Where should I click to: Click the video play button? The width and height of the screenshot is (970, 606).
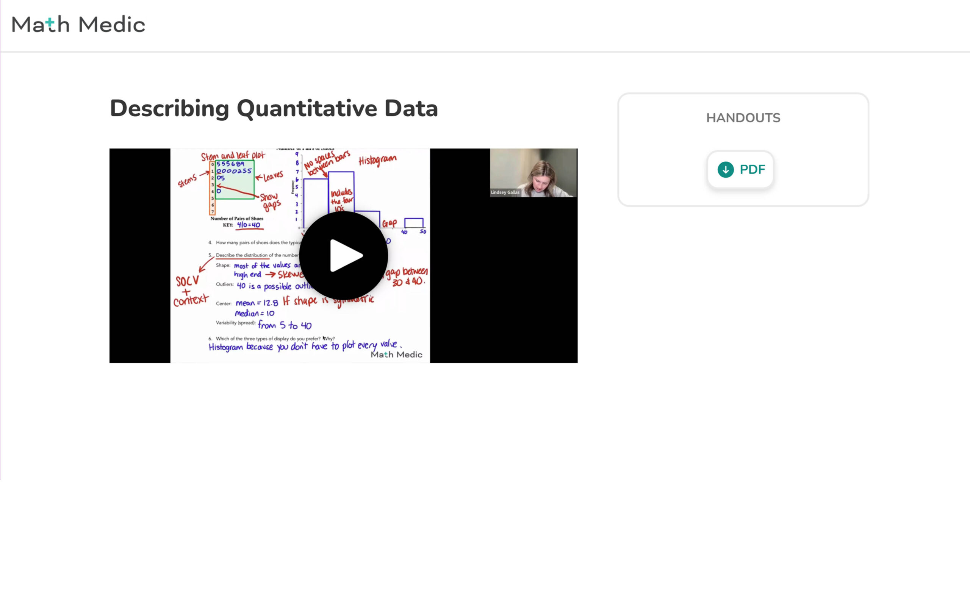344,256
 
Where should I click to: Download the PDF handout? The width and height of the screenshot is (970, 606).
740,170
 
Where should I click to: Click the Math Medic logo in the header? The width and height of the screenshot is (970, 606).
78,25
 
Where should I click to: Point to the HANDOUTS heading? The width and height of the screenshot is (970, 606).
743,118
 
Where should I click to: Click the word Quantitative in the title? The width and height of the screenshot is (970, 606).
307,109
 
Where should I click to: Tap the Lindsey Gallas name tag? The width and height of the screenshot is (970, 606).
505,192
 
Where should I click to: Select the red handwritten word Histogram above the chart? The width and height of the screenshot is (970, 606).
377,160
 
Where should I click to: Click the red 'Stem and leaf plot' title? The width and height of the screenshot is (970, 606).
233,156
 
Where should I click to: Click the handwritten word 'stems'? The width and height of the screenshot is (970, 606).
187,181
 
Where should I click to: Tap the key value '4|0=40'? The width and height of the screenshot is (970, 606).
249,225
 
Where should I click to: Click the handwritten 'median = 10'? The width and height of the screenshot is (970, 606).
255,314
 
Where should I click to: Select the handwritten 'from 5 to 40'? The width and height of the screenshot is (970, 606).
285,325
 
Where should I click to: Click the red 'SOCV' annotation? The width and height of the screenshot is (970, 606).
187,281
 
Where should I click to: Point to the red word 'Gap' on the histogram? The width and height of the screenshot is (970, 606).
389,223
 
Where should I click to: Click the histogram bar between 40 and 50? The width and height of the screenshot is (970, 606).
414,223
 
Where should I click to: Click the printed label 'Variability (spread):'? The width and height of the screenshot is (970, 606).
235,323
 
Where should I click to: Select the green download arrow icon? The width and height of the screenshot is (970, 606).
726,170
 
